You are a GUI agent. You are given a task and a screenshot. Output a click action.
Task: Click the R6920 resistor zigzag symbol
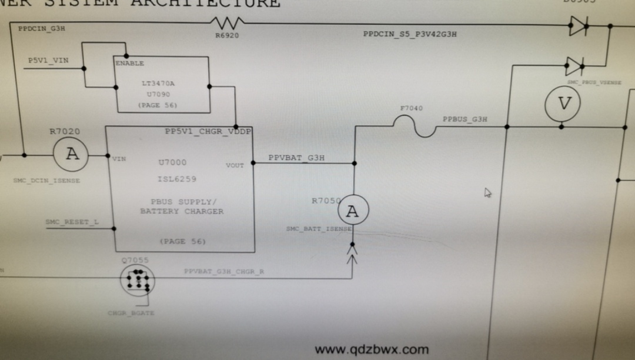pos(226,24)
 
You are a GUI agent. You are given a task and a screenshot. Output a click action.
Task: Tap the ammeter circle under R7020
pos(72,155)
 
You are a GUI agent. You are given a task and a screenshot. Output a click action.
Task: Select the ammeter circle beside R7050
pos(352,211)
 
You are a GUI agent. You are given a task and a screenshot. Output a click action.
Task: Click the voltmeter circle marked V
pos(563,104)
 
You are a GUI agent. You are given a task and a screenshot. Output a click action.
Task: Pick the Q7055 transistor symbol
pos(138,280)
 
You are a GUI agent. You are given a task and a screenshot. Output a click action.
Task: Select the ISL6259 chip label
pos(177,179)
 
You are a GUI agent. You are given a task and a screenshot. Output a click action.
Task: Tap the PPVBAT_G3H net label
pos(296,158)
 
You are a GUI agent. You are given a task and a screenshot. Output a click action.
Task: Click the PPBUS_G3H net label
pos(464,119)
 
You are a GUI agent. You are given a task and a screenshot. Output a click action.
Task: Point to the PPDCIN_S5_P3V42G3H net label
pos(410,34)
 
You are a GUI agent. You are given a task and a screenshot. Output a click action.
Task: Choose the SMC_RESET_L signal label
pos(72,222)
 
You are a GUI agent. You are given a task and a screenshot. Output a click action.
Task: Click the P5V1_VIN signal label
pos(49,61)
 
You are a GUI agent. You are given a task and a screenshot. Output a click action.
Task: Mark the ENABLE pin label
pos(129,63)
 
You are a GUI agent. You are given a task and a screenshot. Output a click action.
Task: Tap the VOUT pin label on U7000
pos(235,166)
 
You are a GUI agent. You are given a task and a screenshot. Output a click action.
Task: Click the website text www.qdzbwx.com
pos(372,349)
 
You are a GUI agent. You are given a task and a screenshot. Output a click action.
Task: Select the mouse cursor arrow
pos(487,192)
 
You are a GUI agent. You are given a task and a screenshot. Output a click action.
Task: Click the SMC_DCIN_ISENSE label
pos(46,181)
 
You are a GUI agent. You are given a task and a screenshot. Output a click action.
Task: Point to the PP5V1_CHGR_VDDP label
pos(208,131)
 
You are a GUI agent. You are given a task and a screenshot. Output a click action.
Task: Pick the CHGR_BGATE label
pos(131,313)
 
